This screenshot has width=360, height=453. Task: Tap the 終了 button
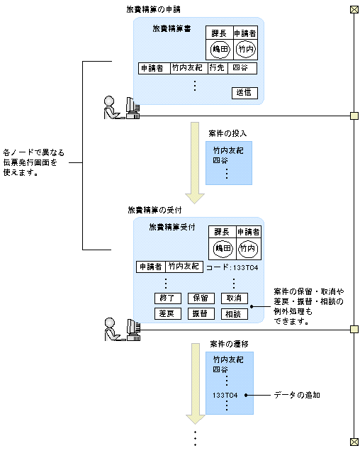(168, 298)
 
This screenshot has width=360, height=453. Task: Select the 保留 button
(201, 298)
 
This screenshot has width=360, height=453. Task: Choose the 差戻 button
(168, 313)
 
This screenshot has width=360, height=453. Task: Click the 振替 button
(201, 313)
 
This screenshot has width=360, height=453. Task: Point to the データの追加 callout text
(297, 394)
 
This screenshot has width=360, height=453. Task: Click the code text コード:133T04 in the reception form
(232, 267)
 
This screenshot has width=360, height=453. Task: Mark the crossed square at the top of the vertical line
(354, 9)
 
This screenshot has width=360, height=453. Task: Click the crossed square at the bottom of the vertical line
(354, 440)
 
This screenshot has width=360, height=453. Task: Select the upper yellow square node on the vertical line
(354, 116)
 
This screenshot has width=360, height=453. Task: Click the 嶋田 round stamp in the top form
(220, 49)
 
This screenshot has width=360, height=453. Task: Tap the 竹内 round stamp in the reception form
(247, 249)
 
